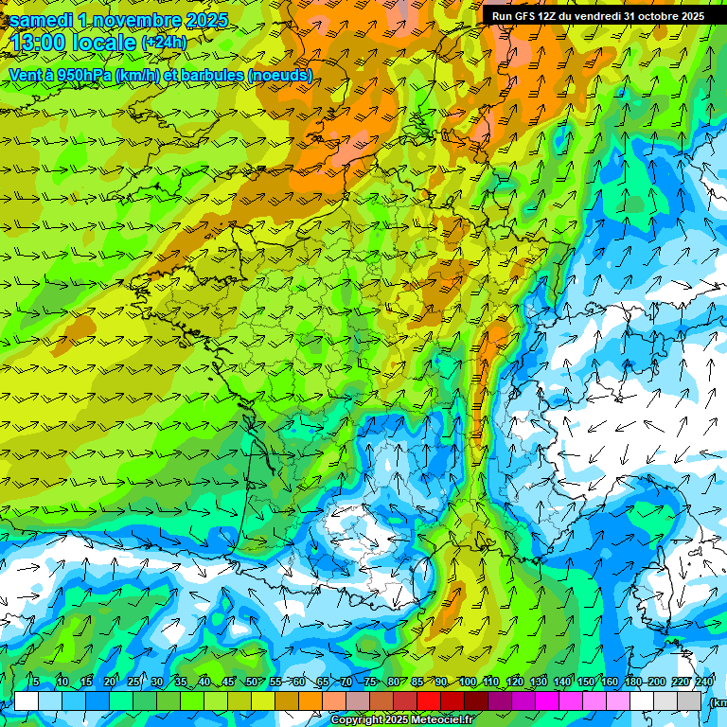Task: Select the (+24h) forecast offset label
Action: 163,43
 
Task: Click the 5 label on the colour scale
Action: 35,682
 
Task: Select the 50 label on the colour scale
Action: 252,682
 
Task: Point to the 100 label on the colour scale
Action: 467,682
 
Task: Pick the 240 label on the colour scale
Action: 704,682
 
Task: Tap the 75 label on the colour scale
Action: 370,682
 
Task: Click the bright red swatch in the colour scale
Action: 430,700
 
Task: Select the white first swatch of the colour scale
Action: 27,700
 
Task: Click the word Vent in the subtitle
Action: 26,75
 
